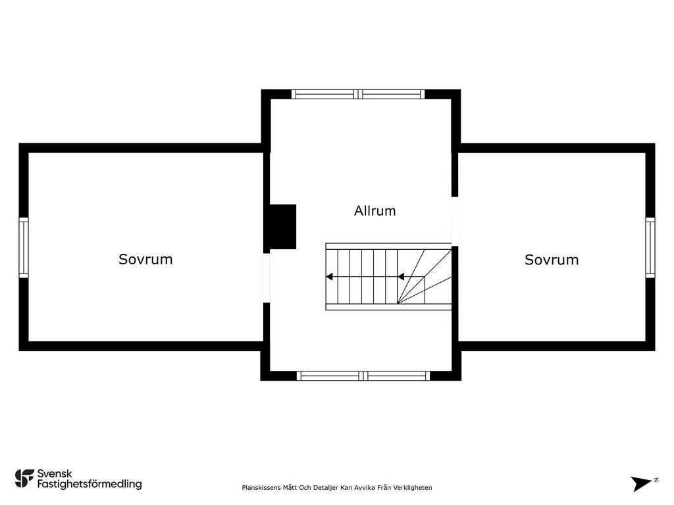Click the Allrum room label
(375, 211)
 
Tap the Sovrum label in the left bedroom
(145, 259)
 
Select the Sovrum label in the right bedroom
(552, 260)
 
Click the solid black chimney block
(283, 227)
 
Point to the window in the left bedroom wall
(24, 247)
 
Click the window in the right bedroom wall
(650, 247)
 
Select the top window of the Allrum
(358, 94)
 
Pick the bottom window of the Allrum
(363, 375)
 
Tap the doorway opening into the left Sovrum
(267, 278)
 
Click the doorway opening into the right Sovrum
(455, 221)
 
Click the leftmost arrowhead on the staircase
(329, 277)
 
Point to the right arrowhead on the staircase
(401, 277)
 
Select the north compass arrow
(641, 483)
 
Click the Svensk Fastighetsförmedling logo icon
(24, 479)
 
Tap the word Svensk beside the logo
(55, 473)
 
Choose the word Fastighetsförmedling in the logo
(90, 484)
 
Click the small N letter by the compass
(656, 480)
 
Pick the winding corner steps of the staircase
(425, 277)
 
